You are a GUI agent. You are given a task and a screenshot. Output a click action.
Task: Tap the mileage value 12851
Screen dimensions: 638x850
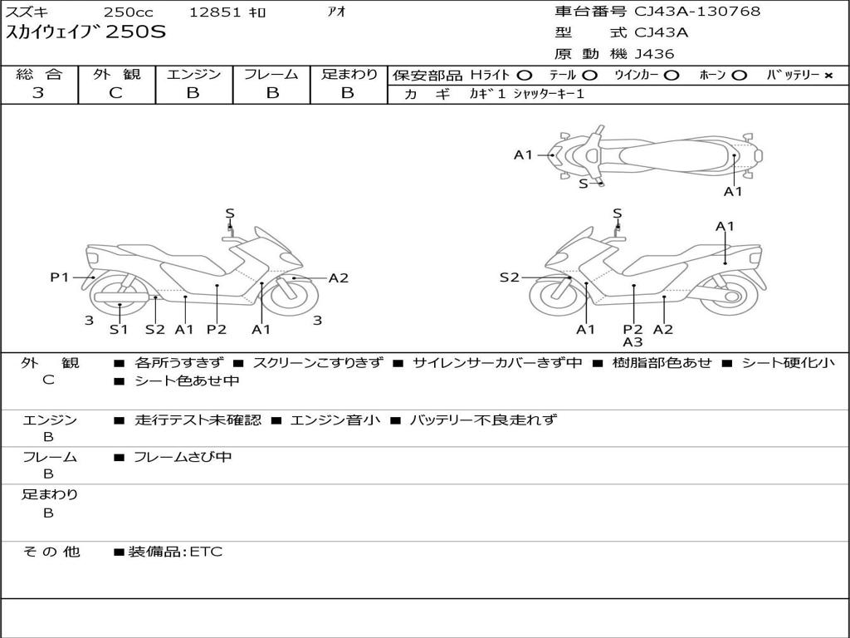pyautogui.click(x=216, y=12)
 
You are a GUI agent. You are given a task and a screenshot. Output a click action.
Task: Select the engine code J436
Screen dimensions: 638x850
pyautogui.click(x=654, y=54)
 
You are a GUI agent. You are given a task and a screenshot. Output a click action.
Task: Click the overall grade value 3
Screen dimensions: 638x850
pyautogui.click(x=38, y=93)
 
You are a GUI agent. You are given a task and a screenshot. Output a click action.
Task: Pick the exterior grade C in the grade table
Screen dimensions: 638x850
pyautogui.click(x=116, y=93)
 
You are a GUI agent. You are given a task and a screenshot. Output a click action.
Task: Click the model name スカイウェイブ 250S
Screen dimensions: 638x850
pyautogui.click(x=86, y=32)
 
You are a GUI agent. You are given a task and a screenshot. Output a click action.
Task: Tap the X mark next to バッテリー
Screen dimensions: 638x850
pyautogui.click(x=828, y=76)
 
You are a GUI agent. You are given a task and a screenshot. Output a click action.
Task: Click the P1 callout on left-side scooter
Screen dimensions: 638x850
pyautogui.click(x=60, y=277)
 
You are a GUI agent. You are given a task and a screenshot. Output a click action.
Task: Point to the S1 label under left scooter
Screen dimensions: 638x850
pyautogui.click(x=120, y=330)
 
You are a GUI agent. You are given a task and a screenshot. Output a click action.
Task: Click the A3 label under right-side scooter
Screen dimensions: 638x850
pyautogui.click(x=633, y=341)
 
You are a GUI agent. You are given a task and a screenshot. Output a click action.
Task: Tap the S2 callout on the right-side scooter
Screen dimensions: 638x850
pyautogui.click(x=509, y=277)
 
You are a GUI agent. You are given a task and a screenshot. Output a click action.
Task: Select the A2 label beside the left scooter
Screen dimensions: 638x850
pyautogui.click(x=339, y=278)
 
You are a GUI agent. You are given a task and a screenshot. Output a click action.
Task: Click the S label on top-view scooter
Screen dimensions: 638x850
pyautogui.click(x=583, y=184)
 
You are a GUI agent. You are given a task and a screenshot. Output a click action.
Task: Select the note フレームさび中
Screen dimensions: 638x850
pyautogui.click(x=183, y=457)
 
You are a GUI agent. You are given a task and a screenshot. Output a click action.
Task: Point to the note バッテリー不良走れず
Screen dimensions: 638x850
pyautogui.click(x=483, y=420)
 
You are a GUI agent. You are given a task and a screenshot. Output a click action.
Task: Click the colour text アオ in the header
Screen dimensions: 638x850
pyautogui.click(x=335, y=12)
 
